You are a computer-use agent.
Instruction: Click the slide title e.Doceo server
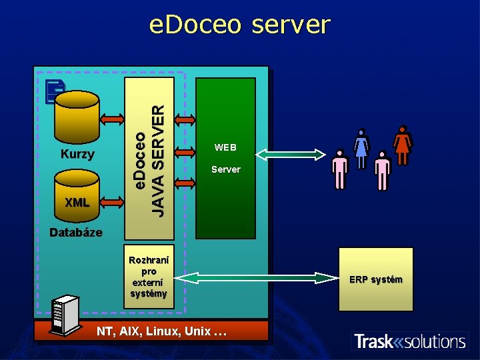[239, 25]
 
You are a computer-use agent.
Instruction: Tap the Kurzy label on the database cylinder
[77, 155]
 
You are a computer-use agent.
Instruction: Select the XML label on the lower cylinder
[77, 202]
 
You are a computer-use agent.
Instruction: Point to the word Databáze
[76, 233]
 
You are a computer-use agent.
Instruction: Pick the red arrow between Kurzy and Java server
[112, 119]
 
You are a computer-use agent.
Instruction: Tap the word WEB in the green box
[225, 147]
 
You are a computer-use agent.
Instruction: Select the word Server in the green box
[225, 169]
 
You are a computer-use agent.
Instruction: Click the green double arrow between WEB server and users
[290, 155]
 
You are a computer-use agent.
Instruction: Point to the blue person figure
[361, 148]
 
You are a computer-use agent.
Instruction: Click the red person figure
[402, 145]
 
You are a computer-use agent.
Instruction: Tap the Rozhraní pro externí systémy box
[149, 277]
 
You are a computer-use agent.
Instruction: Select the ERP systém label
[376, 279]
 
